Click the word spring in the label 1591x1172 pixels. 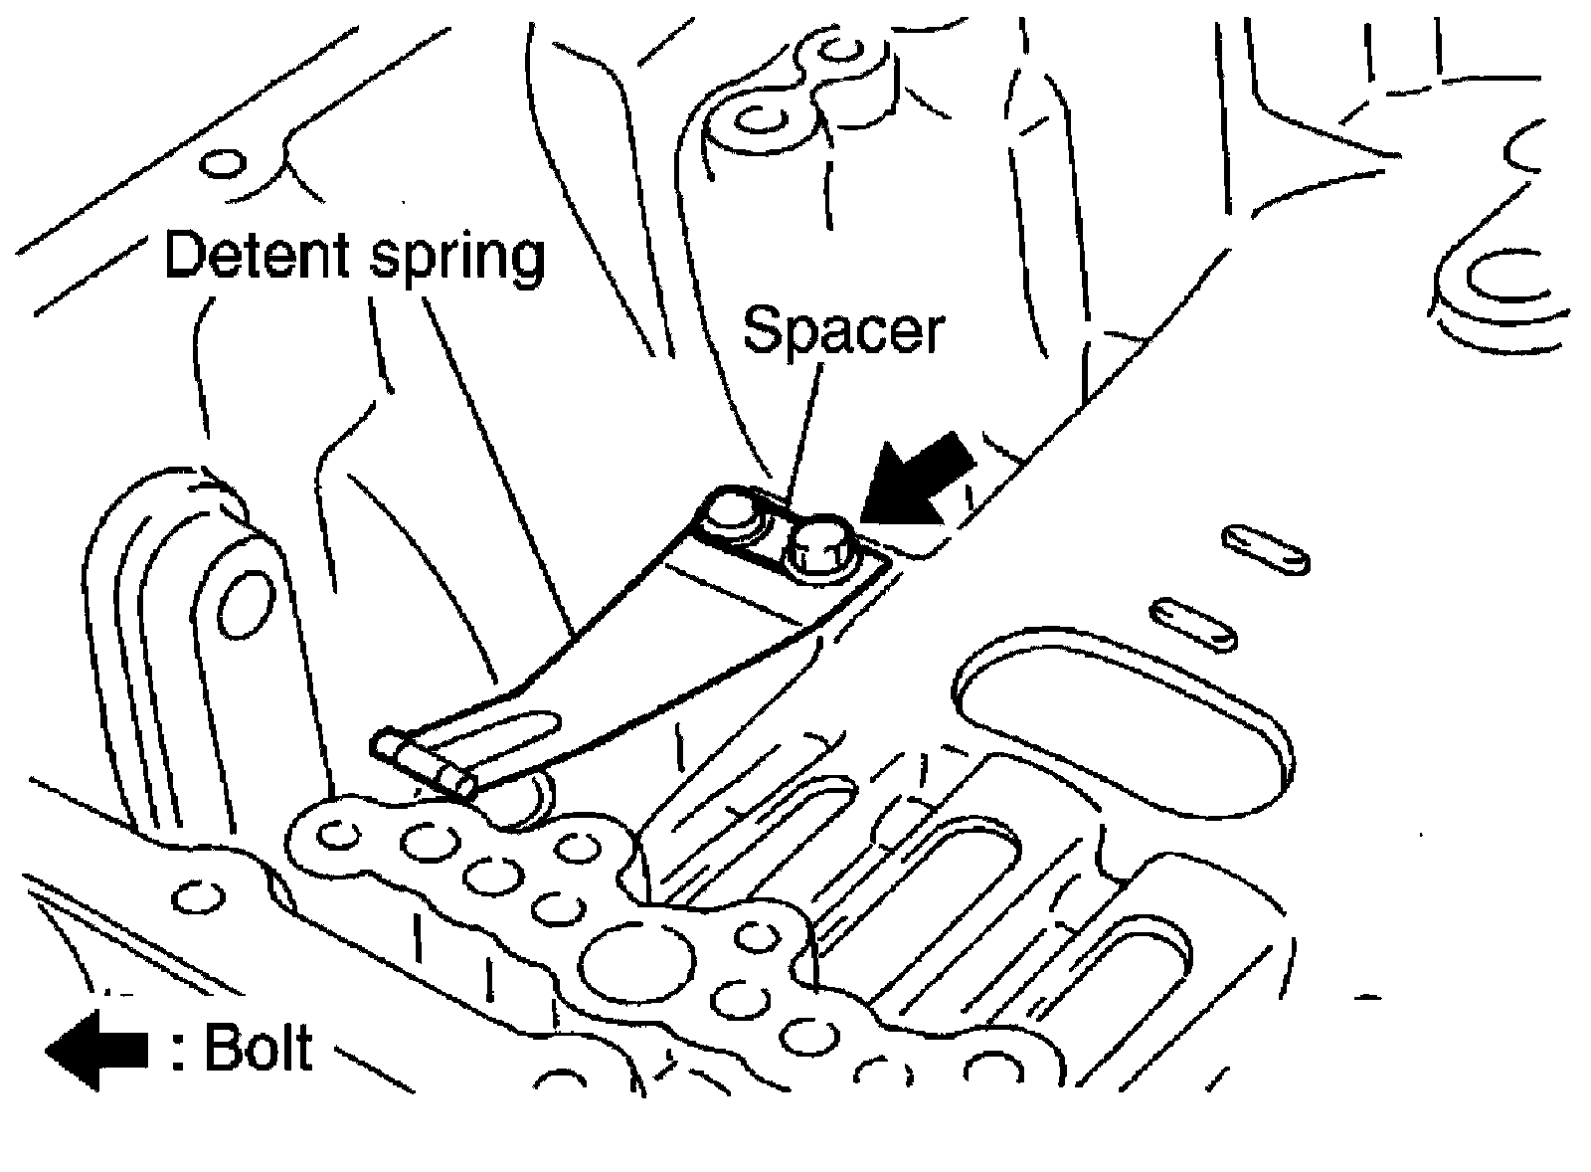(x=458, y=259)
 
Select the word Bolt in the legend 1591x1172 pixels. (x=258, y=1047)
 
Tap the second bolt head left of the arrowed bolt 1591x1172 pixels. (x=732, y=517)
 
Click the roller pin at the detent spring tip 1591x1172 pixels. (x=423, y=760)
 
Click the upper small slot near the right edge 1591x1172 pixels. (x=1266, y=548)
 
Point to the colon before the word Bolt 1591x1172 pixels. (x=177, y=1051)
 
